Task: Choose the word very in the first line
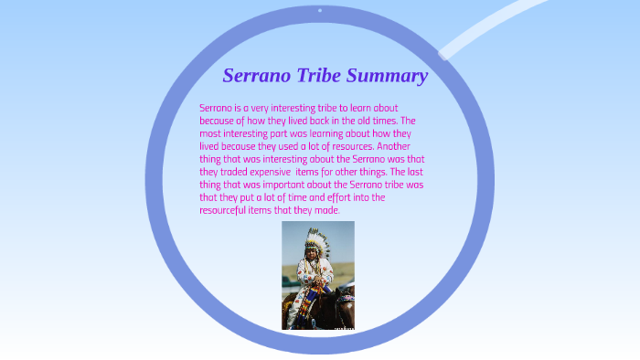pos(255,108)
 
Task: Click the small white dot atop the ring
pos(319,10)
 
